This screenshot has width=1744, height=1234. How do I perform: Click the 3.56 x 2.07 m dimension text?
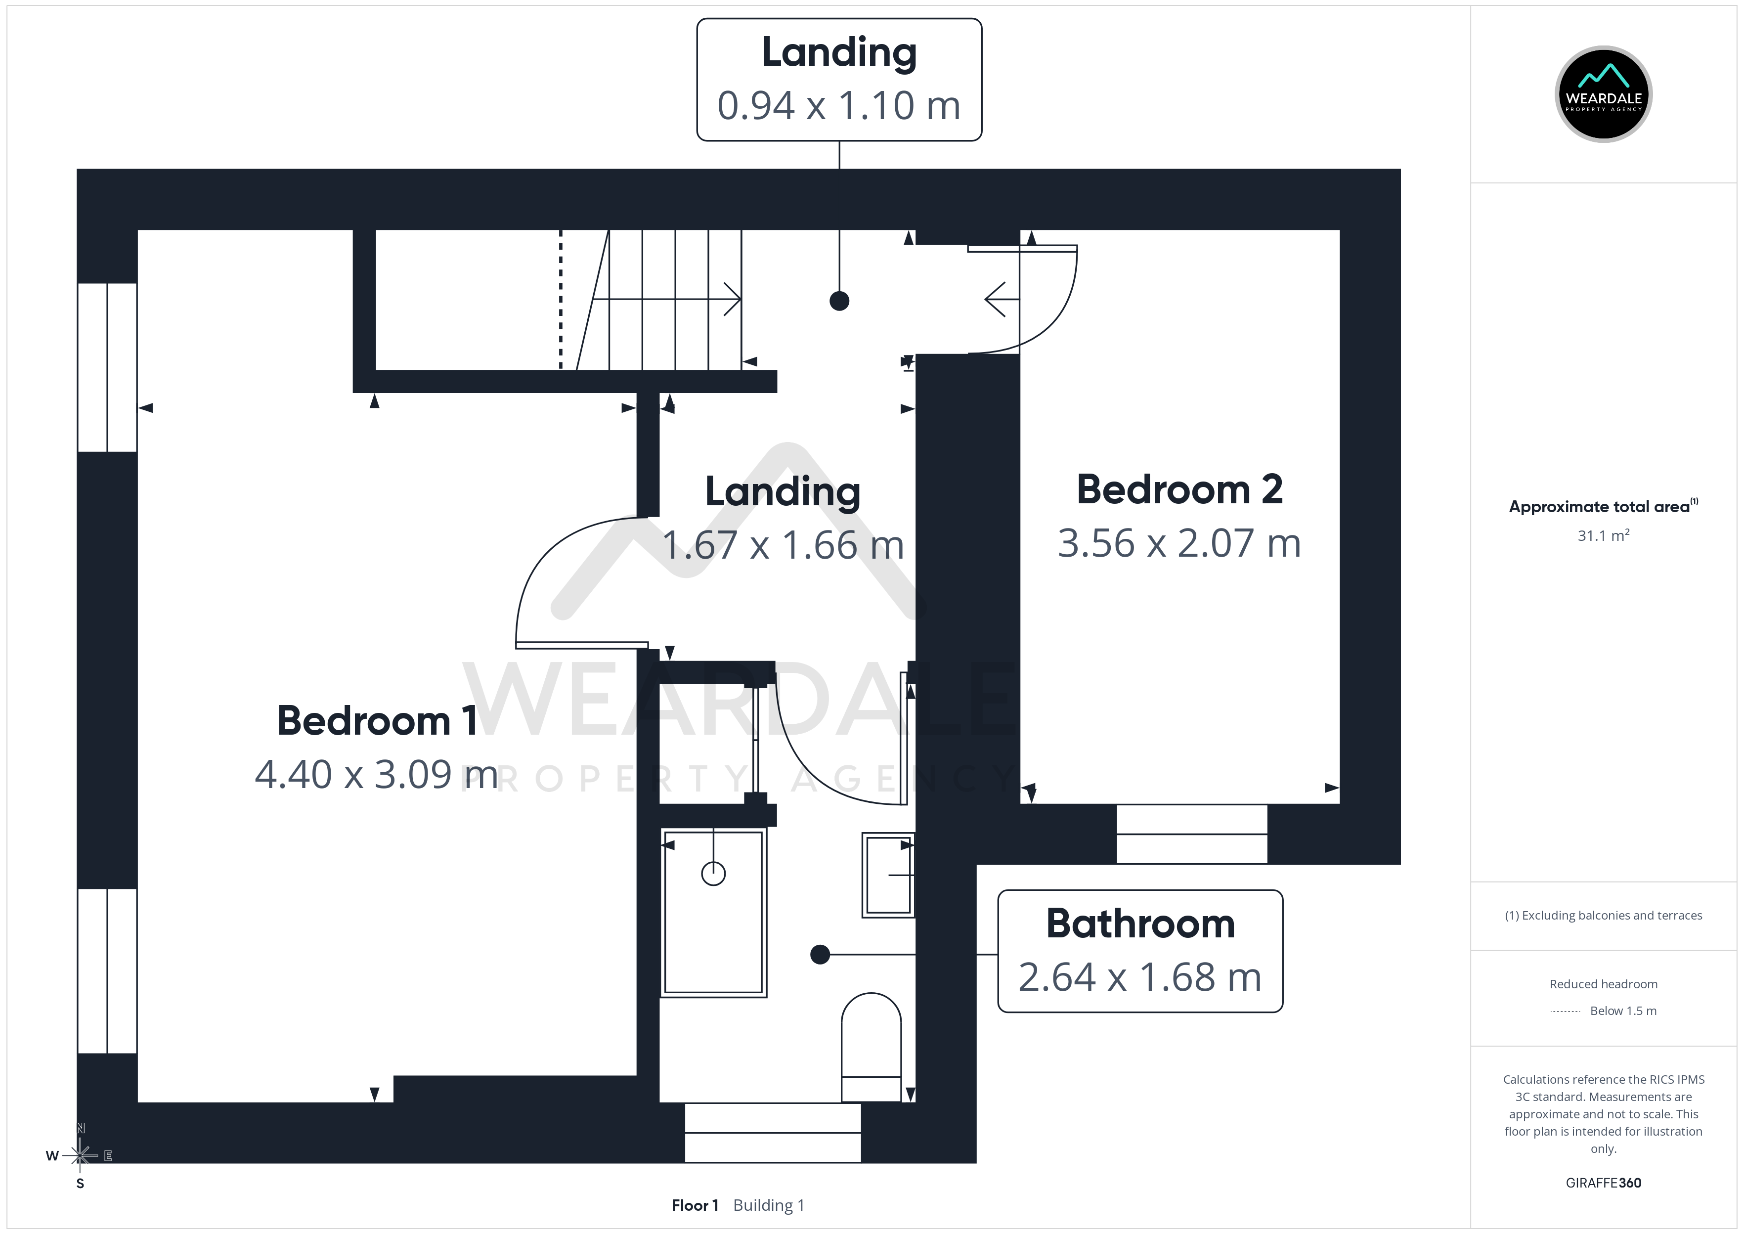(x=1179, y=543)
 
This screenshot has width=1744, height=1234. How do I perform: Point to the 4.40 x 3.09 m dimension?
(x=377, y=774)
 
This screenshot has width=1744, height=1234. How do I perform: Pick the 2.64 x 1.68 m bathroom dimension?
(x=1140, y=977)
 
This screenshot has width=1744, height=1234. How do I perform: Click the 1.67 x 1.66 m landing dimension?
(x=783, y=545)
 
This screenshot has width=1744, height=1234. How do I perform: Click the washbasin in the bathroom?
(x=888, y=875)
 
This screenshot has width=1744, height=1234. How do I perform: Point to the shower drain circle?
(x=713, y=874)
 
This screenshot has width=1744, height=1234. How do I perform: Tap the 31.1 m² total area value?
(x=1604, y=535)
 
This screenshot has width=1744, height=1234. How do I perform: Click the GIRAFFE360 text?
(x=1604, y=1183)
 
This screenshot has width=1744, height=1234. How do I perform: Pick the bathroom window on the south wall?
(x=773, y=1132)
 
